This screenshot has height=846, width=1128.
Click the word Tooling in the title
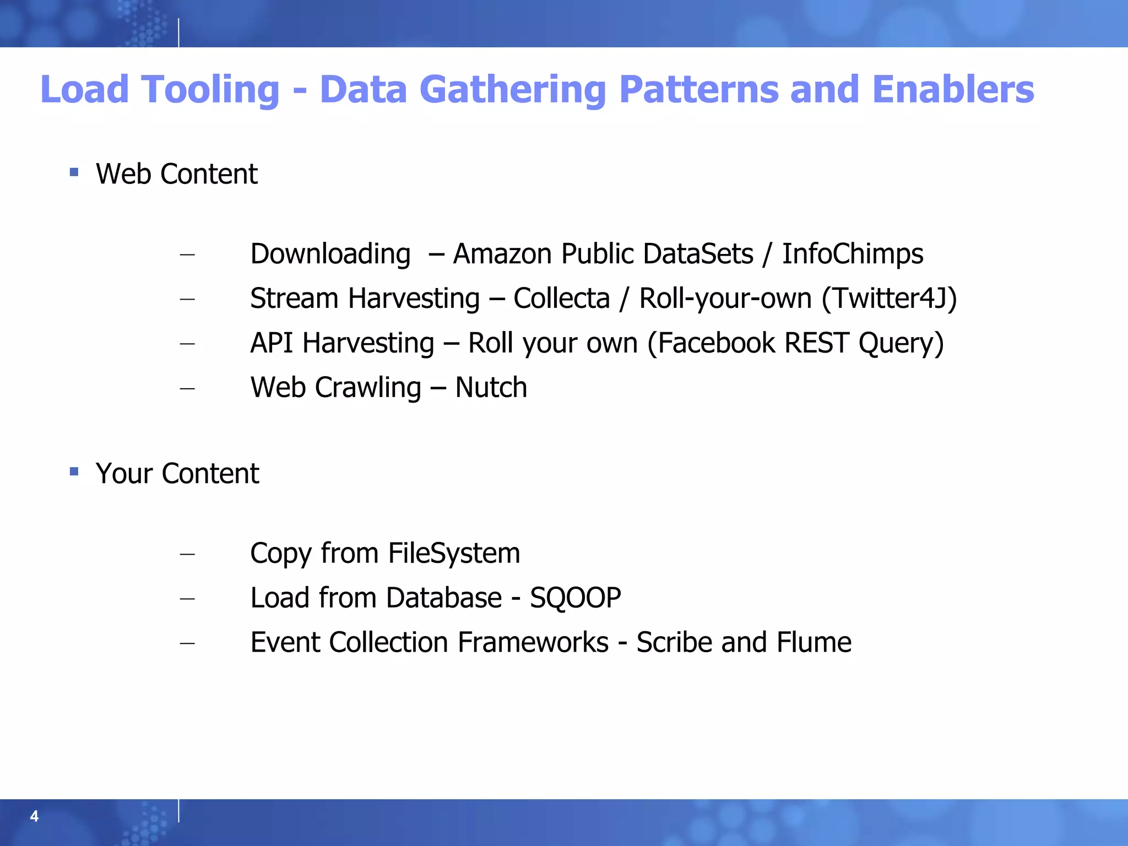(210, 90)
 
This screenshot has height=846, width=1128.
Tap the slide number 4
(34, 816)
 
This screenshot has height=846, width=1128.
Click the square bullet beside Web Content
(74, 172)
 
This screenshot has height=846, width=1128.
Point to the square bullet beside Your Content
(74, 471)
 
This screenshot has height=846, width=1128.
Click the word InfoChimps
(853, 254)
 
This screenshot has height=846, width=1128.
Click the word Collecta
(561, 299)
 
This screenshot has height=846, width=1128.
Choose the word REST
(816, 343)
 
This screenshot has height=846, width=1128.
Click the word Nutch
(491, 388)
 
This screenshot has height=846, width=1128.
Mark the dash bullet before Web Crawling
(187, 388)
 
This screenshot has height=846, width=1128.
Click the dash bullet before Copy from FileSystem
(187, 554)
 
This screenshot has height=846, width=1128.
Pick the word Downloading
(330, 254)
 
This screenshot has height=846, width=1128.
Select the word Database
(443, 598)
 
